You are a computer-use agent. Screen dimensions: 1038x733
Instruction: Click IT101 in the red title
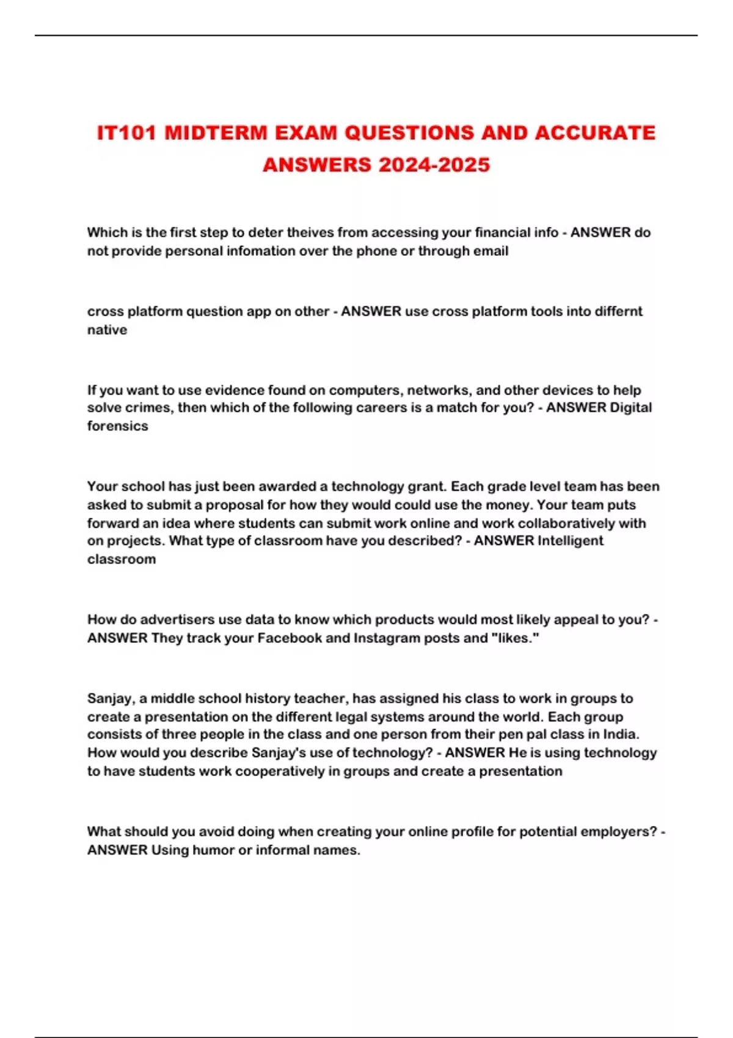(x=128, y=133)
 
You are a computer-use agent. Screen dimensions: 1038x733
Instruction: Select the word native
(x=107, y=330)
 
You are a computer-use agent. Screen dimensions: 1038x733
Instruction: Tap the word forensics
(x=117, y=426)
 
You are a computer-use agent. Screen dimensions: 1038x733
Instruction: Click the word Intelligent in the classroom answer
(x=570, y=541)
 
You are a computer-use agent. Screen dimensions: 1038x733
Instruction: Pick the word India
(x=622, y=735)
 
